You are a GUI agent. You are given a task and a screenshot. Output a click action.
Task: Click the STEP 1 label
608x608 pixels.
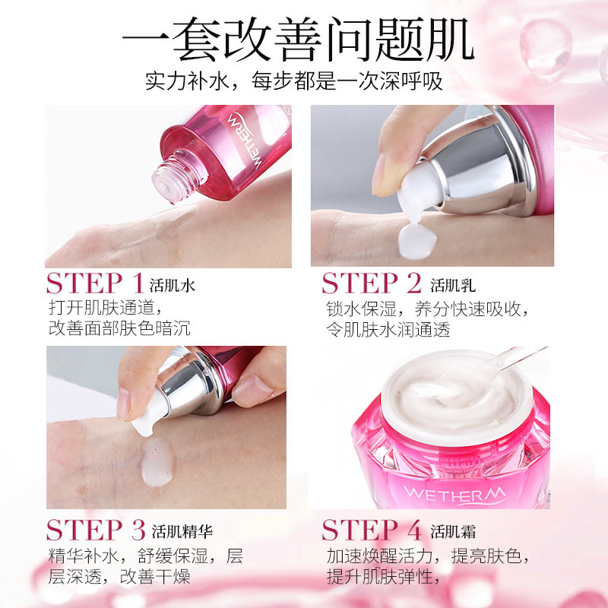(95, 284)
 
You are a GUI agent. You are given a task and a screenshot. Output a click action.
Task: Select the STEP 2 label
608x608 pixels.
(372, 284)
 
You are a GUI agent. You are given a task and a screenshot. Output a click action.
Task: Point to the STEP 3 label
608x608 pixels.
(96, 529)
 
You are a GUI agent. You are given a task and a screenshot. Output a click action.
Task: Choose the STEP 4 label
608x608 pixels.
(372, 529)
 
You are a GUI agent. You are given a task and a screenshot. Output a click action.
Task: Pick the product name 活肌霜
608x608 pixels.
(453, 530)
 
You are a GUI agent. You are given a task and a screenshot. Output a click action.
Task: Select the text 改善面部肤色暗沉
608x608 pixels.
(119, 328)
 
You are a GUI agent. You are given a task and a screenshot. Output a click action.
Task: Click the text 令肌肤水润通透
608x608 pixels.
(388, 329)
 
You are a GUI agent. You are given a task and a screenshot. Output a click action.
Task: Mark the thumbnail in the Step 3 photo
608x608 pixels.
(123, 403)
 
